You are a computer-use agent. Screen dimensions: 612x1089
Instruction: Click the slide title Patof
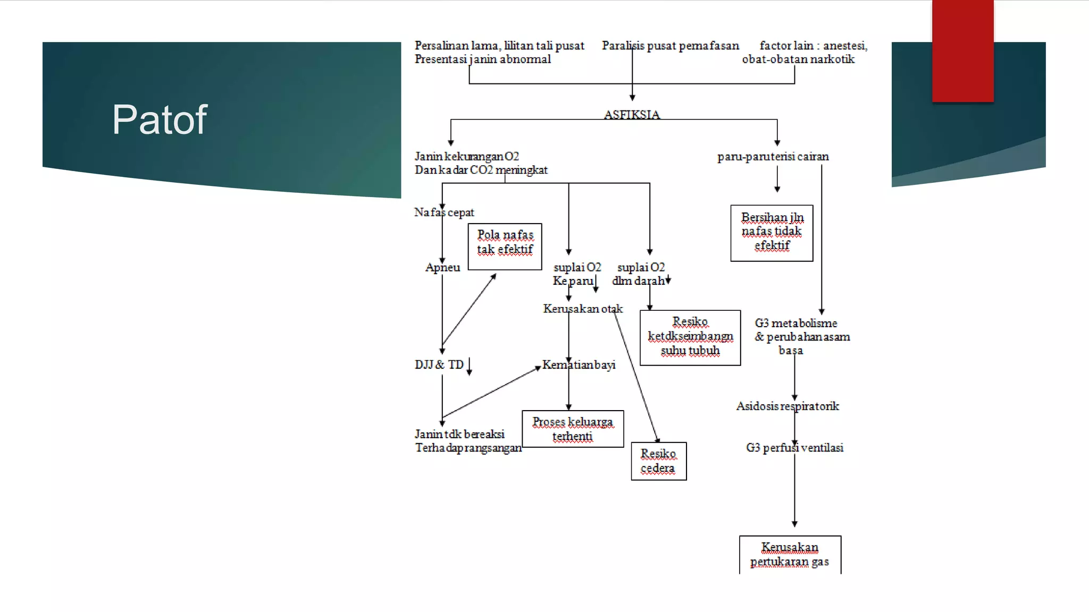(159, 120)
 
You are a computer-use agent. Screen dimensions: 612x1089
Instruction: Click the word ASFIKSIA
(632, 114)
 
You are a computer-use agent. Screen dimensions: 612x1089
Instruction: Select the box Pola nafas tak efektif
(505, 246)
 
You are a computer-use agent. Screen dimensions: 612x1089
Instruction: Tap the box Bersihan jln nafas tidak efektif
(772, 233)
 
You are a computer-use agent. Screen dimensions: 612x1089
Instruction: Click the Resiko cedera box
(658, 461)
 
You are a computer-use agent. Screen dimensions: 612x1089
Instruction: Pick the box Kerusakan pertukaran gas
(790, 554)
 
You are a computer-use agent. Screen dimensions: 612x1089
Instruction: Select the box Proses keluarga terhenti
(573, 429)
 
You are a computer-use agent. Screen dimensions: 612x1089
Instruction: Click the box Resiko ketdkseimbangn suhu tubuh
(690, 337)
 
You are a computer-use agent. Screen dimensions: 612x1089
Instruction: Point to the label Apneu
(442, 267)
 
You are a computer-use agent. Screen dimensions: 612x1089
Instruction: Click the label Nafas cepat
(444, 212)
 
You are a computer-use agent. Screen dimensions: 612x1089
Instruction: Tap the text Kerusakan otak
(583, 309)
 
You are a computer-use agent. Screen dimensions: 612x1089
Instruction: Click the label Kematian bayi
(579, 365)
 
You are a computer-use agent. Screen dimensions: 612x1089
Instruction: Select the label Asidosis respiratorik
(788, 406)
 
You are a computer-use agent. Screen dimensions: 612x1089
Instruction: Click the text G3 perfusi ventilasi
(794, 448)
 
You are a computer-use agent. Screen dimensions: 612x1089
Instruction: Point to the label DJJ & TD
(439, 365)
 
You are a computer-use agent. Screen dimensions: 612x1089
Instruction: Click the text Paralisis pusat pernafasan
(670, 46)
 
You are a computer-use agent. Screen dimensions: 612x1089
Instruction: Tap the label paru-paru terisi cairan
(773, 157)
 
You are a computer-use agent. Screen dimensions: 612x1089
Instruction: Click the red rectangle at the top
(962, 50)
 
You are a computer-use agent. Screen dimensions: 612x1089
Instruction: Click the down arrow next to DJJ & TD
(470, 367)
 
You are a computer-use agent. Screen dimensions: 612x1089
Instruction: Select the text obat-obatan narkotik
(798, 59)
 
